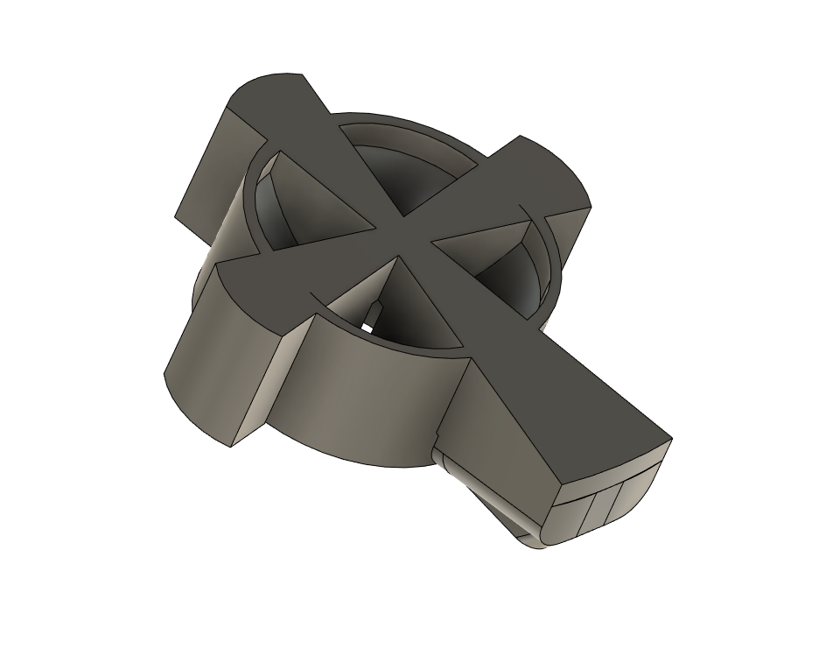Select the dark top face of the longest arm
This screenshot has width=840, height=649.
coord(569,385)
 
